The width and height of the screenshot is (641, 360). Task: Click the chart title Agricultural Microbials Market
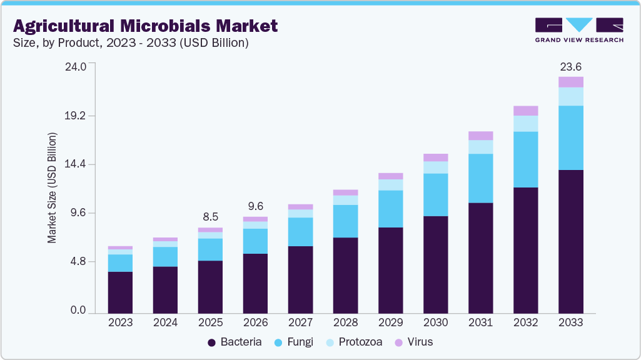point(145,26)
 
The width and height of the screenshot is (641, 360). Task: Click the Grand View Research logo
point(578,30)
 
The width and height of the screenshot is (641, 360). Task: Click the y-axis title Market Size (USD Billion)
point(53,187)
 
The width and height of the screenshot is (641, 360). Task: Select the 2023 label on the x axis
point(120,322)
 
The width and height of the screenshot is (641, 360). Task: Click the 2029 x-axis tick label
point(391,322)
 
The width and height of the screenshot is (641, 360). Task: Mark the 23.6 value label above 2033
point(570,66)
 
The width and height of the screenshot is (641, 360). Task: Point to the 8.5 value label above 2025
point(210,217)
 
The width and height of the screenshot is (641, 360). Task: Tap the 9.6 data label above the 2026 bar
point(255,206)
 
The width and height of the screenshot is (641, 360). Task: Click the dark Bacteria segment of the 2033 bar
point(570,241)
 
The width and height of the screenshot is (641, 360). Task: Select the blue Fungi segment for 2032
point(525,159)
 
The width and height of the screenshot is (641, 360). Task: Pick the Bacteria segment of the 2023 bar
point(120,292)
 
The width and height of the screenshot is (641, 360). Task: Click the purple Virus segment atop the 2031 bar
point(480,136)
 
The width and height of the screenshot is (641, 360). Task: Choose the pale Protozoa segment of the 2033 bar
point(570,96)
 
